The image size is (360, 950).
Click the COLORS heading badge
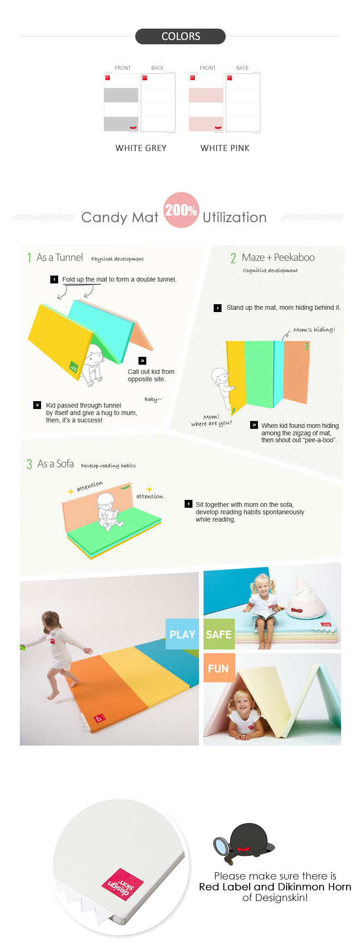[x=180, y=36]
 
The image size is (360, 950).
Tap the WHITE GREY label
[x=141, y=148]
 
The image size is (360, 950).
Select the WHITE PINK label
[x=225, y=148]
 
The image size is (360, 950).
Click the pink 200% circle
[x=181, y=210]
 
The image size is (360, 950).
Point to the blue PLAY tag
[x=182, y=634]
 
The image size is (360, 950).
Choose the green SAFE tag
[x=219, y=634]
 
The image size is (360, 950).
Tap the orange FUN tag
[x=219, y=668]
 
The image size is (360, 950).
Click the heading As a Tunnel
[x=60, y=258]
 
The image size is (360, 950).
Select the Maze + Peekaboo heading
[x=278, y=258]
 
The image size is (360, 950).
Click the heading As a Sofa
[x=55, y=463]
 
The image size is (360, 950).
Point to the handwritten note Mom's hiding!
[x=314, y=330]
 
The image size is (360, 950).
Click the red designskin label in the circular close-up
[x=123, y=884]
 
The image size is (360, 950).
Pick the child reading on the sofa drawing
[x=109, y=511]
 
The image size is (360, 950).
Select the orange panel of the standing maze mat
[x=296, y=372]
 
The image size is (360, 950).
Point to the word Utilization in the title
[x=234, y=217]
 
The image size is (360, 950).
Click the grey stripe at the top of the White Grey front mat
[x=121, y=95]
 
